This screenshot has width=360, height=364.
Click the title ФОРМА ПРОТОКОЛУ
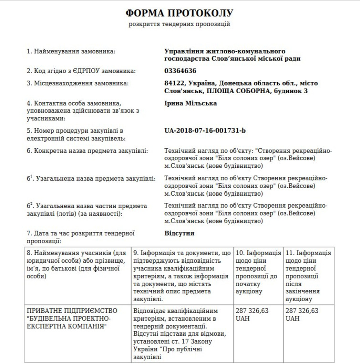coord(180,12)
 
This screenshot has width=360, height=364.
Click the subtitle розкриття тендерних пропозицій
coord(180,24)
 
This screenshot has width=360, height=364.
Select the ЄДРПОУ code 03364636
coord(180,71)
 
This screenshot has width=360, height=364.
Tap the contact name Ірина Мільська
coord(190,103)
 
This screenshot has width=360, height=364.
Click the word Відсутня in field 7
coord(179,233)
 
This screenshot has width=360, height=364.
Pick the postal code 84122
coord(174,83)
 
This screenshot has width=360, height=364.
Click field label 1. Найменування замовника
coord(71,51)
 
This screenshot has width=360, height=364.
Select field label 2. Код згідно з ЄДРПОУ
coord(81,71)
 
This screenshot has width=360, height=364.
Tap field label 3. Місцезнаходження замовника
coord(78,83)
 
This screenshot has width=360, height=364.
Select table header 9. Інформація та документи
coord(182,275)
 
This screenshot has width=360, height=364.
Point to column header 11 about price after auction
coord(308,275)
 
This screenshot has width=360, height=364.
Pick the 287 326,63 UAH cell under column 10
coord(252,314)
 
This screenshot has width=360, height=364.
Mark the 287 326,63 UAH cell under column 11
coord(302,314)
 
